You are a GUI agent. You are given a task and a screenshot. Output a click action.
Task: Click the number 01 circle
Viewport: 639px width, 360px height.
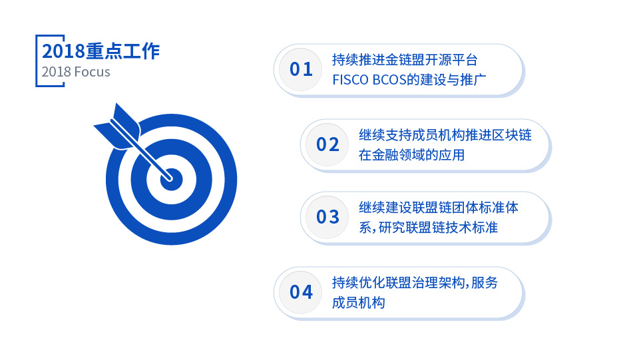pyautogui.click(x=301, y=70)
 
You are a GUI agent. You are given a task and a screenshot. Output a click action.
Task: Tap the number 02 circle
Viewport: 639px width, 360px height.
pyautogui.click(x=327, y=144)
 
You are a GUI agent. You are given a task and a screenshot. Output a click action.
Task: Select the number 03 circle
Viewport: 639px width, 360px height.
pyautogui.click(x=327, y=217)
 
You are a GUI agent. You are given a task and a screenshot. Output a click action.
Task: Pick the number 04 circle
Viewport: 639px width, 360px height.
pyautogui.click(x=301, y=292)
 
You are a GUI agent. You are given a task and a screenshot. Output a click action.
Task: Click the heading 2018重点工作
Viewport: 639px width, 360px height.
pyautogui.click(x=101, y=51)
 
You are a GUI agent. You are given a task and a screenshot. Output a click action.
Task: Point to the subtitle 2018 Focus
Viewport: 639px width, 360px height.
pyautogui.click(x=76, y=72)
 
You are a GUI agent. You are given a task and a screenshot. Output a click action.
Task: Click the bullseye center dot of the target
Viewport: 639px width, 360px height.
pyautogui.click(x=171, y=180)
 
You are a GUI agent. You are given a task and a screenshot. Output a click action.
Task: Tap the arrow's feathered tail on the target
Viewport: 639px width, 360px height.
pyautogui.click(x=117, y=126)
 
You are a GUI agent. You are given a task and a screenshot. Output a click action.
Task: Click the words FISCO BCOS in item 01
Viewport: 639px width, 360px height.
pyautogui.click(x=369, y=80)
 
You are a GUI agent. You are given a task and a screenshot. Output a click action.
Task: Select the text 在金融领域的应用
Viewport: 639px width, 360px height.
pyautogui.click(x=411, y=155)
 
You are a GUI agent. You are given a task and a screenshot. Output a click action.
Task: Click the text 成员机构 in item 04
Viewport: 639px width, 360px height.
pyautogui.click(x=359, y=303)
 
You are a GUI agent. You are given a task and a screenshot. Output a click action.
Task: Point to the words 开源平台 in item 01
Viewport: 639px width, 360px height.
pyautogui.click(x=451, y=60)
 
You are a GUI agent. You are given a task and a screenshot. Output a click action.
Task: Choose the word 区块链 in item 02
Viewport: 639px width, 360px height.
pyautogui.click(x=511, y=135)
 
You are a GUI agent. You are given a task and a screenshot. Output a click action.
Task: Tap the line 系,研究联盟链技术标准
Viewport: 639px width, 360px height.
pyautogui.click(x=428, y=227)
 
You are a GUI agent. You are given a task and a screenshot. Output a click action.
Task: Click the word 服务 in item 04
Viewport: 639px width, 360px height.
pyautogui.click(x=485, y=282)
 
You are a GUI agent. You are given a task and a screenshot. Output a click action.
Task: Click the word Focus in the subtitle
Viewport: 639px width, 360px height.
pyautogui.click(x=93, y=72)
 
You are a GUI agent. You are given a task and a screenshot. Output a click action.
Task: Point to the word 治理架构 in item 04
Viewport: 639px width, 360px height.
pyautogui.click(x=438, y=282)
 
